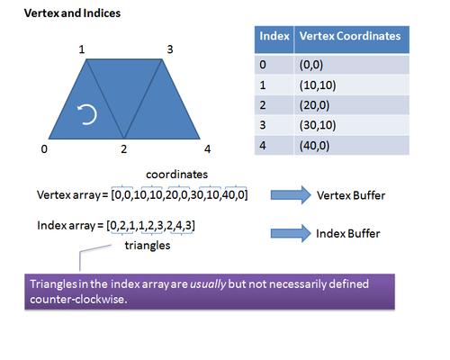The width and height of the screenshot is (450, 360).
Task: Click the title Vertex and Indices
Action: click(72, 13)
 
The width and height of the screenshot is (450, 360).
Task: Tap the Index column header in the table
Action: click(274, 36)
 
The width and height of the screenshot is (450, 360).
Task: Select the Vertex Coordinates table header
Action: click(350, 36)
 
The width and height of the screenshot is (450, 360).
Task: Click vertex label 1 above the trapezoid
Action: click(82, 49)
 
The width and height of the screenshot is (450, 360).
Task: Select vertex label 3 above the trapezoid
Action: click(170, 49)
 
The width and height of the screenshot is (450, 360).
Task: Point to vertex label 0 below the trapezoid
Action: click(44, 149)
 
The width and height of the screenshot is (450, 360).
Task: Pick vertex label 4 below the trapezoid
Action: click(207, 149)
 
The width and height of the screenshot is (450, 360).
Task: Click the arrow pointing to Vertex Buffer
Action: click(291, 195)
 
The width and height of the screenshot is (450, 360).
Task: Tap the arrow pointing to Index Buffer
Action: click(291, 233)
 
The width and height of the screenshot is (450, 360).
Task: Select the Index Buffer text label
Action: click(348, 233)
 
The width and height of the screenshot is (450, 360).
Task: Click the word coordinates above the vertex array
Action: click(176, 175)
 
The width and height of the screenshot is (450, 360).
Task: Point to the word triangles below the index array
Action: click(148, 246)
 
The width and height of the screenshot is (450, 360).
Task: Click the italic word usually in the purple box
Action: click(208, 284)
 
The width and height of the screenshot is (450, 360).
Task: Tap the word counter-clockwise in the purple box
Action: click(78, 299)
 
